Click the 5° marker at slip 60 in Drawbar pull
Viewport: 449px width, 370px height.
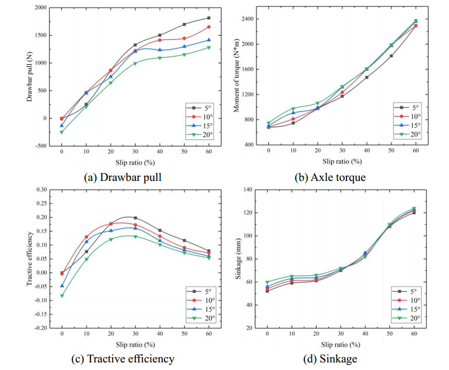tap(209, 18)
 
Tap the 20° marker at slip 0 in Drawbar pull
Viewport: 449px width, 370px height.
tap(61, 132)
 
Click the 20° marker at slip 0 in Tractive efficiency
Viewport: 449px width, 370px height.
tap(61, 296)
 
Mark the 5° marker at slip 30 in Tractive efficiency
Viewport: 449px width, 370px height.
tap(135, 218)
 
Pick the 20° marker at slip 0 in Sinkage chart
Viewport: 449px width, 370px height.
tap(268, 282)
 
